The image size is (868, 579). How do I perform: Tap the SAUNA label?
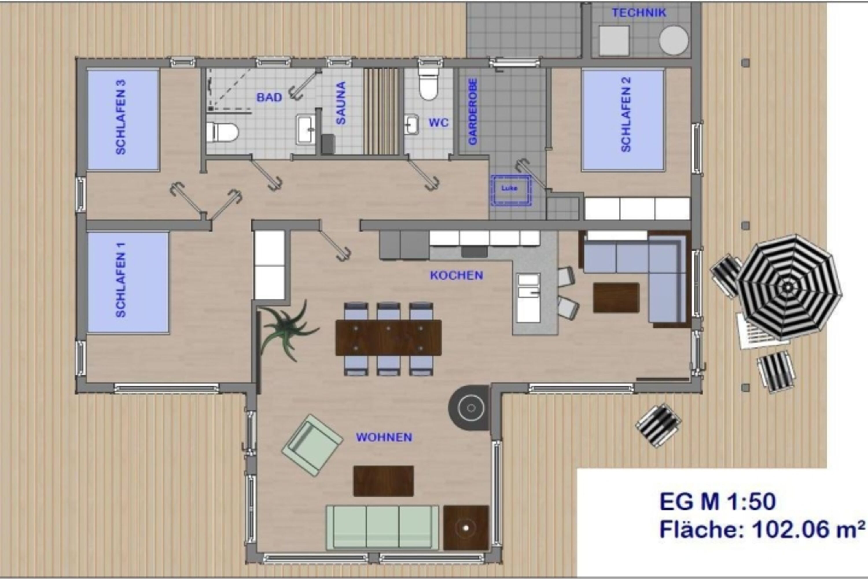(341, 103)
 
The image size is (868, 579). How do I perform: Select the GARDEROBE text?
(472, 112)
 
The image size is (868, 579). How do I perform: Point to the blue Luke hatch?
(511, 190)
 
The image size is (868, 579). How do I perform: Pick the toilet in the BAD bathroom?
(222, 132)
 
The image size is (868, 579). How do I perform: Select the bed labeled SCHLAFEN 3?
(123, 120)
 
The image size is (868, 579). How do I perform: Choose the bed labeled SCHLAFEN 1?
(128, 282)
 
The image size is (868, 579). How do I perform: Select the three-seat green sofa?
(382, 528)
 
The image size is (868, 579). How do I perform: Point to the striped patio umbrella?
(788, 287)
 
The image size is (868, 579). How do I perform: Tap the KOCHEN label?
(456, 275)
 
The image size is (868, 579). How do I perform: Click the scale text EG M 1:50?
(717, 502)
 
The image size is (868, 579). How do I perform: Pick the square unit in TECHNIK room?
(614, 41)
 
